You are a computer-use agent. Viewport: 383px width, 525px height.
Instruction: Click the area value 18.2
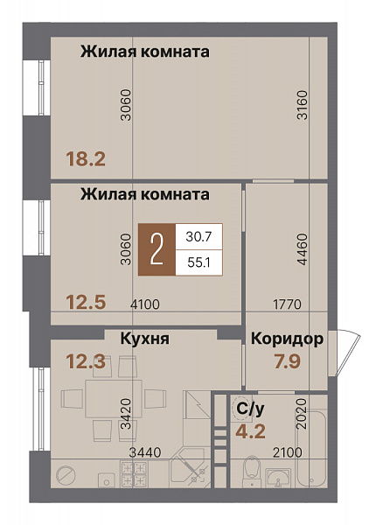pos(86,159)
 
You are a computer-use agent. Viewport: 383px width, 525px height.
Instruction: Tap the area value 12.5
pos(86,302)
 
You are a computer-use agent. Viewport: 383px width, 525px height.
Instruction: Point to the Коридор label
pos(288,339)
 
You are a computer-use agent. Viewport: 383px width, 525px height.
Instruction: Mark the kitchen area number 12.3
pos(87,359)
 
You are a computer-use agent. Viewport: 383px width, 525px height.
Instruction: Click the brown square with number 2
pos(157,249)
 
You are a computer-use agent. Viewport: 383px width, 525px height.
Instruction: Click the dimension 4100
pos(144,304)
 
